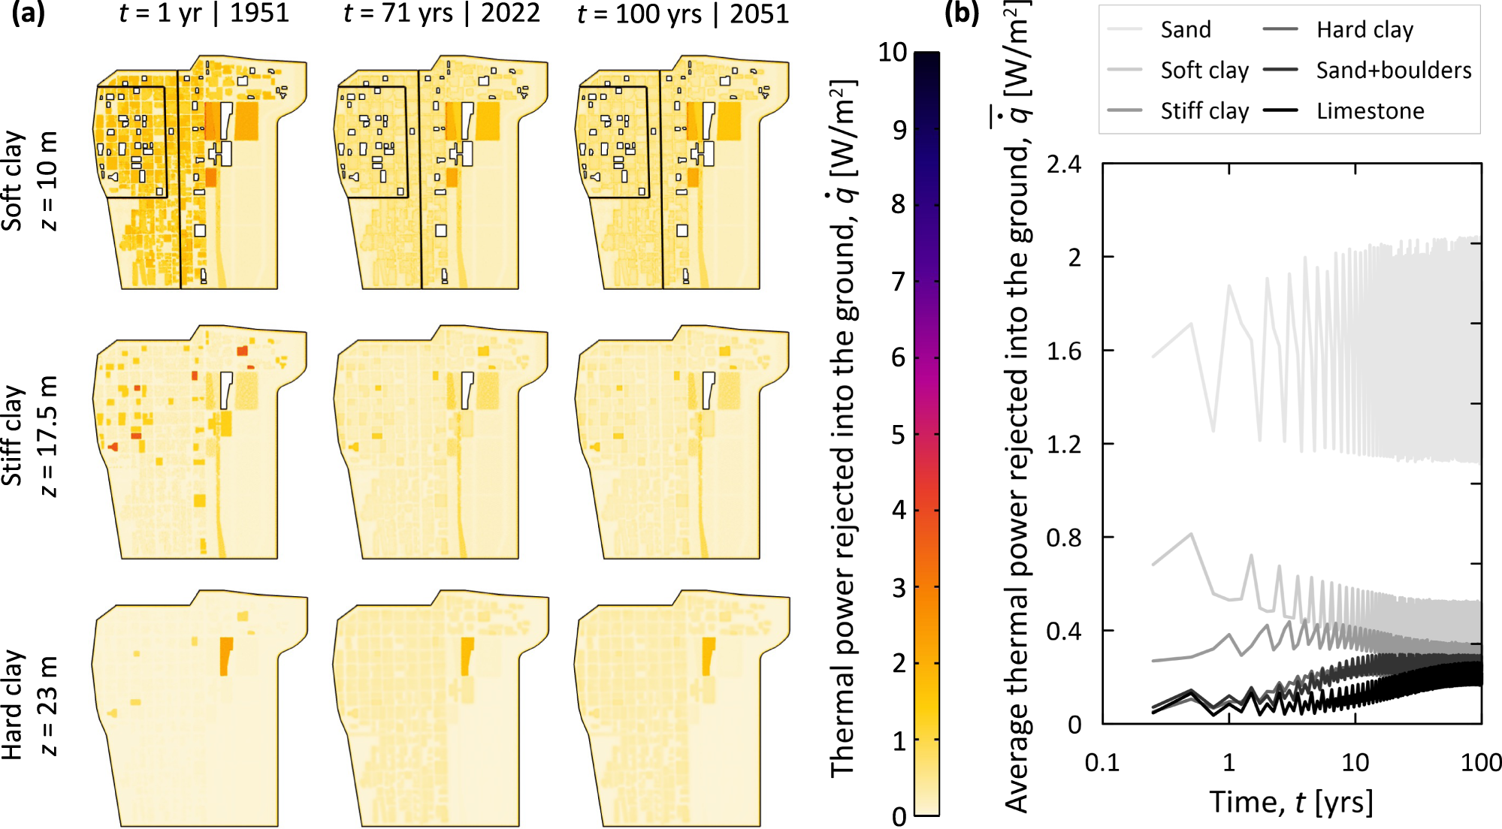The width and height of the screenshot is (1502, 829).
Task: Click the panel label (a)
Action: tap(28, 14)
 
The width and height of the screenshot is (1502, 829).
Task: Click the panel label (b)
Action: tap(962, 14)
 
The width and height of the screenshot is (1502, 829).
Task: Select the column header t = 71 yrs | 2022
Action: tap(442, 14)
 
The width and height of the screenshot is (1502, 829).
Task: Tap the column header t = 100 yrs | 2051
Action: tap(683, 14)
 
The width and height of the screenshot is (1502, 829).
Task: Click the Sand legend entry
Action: tap(1185, 30)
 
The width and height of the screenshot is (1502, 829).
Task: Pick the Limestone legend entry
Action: tap(1370, 111)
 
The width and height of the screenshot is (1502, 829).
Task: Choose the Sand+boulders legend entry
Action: tap(1393, 71)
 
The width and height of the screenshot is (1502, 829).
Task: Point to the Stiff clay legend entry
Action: tap(1204, 111)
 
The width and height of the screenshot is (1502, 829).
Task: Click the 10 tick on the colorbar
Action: tap(893, 53)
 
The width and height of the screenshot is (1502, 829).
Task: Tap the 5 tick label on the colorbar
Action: tap(899, 435)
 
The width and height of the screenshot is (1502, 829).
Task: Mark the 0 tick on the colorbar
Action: tap(899, 816)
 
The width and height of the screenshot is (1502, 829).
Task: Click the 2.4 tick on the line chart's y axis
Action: tap(1063, 164)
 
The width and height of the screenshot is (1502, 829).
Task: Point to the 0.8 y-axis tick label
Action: tap(1063, 538)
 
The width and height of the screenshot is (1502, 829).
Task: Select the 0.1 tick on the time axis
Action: tap(1102, 763)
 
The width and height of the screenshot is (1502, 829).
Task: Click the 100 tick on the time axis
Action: tap(1480, 763)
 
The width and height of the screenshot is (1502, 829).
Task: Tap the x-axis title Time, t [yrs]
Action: tap(1291, 802)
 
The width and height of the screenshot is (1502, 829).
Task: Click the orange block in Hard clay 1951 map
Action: tap(225, 655)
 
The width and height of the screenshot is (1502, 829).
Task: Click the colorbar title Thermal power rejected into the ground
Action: tap(843, 428)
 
